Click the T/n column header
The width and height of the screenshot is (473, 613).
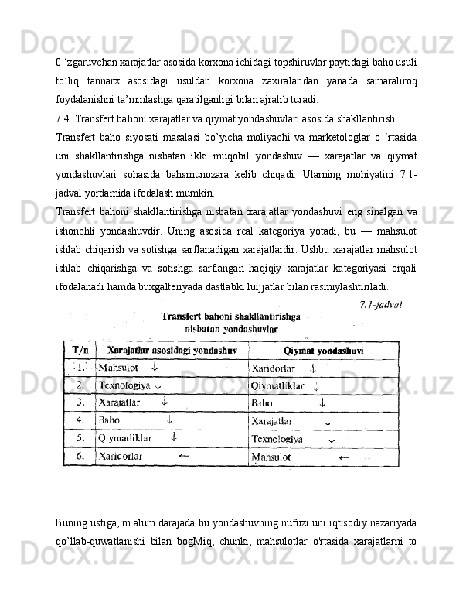pos(79,351)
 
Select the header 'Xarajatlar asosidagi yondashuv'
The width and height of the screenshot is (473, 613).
pos(171,350)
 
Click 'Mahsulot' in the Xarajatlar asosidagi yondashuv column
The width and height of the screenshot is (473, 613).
pos(118,367)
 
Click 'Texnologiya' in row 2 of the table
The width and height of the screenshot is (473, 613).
pos(124,385)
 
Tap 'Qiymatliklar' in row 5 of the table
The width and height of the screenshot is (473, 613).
pos(125,437)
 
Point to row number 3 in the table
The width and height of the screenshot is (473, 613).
pos(79,402)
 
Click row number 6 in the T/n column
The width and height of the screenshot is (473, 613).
pos(79,456)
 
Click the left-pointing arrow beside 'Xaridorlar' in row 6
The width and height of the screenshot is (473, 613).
pos(184,456)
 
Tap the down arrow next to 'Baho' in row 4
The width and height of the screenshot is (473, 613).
pos(169,420)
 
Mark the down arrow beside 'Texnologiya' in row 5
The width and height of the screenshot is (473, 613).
pos(332,438)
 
